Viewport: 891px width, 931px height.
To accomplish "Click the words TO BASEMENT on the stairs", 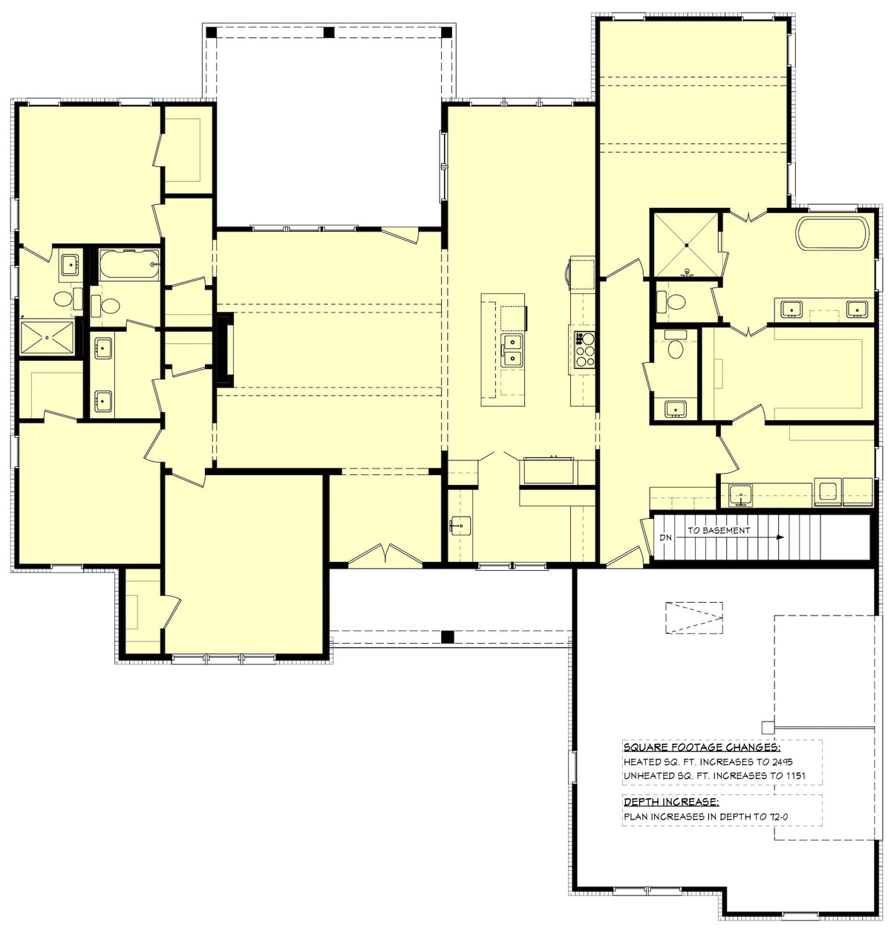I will coord(718,530).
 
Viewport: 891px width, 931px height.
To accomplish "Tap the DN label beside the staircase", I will coord(665,536).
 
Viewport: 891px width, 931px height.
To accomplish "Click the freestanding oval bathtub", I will coord(832,234).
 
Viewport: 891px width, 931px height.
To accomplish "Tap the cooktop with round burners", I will coord(584,348).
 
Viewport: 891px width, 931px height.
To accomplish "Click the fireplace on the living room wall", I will coord(224,350).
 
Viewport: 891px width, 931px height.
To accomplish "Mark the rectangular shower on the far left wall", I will coord(48,338).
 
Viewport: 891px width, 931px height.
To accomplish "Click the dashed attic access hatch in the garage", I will coord(693,618).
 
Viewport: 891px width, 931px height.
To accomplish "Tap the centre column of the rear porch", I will coord(329,32).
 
